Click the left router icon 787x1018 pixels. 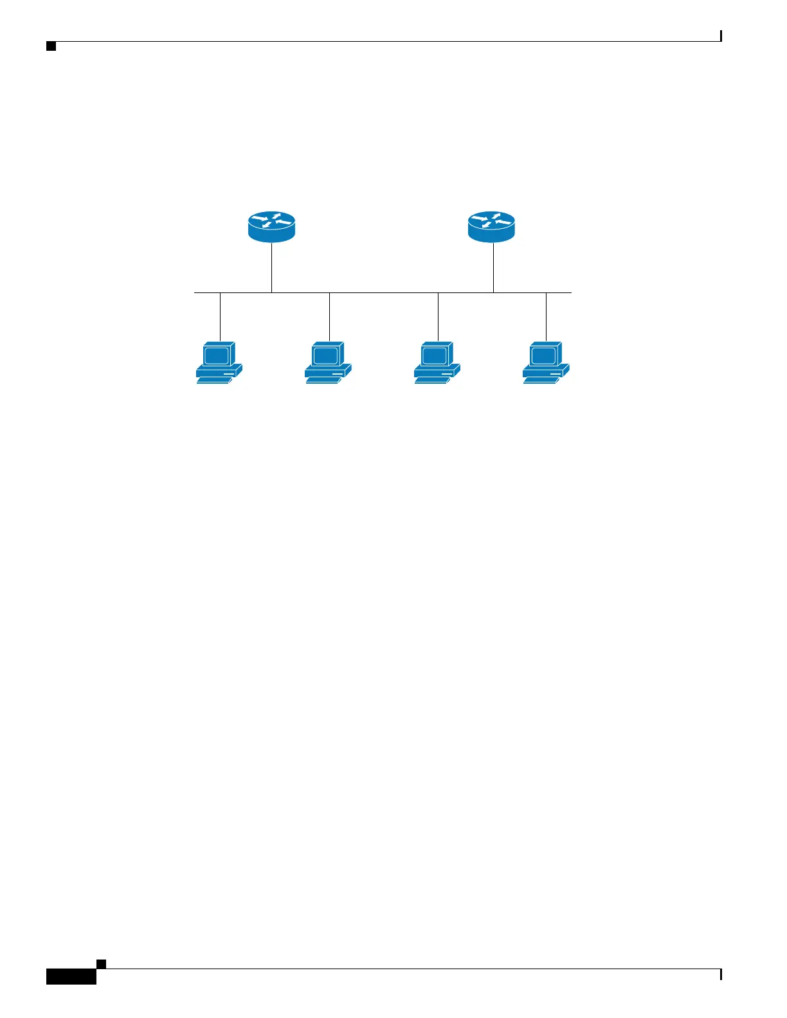click(x=271, y=227)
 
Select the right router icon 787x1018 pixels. click(x=491, y=227)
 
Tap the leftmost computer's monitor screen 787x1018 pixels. click(x=216, y=355)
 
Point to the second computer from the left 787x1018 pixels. click(x=328, y=362)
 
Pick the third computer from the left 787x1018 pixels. click(x=437, y=362)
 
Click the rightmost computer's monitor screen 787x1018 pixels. click(x=543, y=355)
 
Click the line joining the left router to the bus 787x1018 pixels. click(x=271, y=267)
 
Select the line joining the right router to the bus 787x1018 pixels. click(x=493, y=267)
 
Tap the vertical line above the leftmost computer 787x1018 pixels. click(x=220, y=316)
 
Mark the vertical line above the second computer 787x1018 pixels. click(x=329, y=316)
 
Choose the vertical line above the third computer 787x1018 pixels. click(x=438, y=316)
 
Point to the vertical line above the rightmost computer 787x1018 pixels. click(x=546, y=316)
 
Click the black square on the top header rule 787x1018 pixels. click(x=51, y=46)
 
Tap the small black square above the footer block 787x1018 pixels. click(x=101, y=963)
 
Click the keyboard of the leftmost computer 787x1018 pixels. click(x=213, y=380)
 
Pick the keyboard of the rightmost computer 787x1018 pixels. click(x=539, y=380)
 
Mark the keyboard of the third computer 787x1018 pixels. click(x=431, y=380)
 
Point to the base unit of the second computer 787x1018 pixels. click(x=328, y=371)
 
